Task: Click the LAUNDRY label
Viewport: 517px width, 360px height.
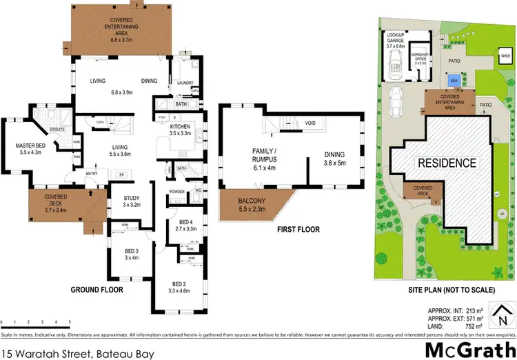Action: tap(183, 83)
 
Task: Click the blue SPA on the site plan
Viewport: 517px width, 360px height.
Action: tap(453, 81)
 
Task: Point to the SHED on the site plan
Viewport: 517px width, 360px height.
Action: tap(505, 56)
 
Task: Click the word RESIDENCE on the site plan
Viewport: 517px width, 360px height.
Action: tap(445, 163)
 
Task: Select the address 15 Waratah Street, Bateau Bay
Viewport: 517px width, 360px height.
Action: tap(77, 352)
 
